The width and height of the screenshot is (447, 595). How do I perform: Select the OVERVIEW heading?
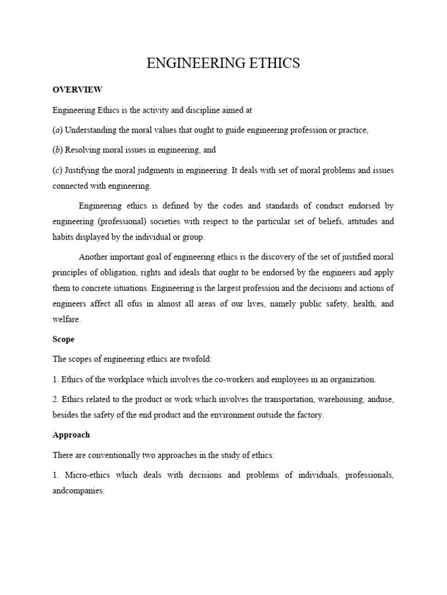(x=77, y=90)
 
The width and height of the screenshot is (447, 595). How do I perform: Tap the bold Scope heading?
(x=63, y=339)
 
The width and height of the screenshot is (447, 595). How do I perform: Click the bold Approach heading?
(x=71, y=435)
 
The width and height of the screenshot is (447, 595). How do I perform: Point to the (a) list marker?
(x=58, y=130)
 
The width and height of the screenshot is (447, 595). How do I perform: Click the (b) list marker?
(x=58, y=150)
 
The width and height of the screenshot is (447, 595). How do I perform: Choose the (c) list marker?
(x=58, y=170)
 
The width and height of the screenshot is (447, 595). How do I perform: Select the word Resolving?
(x=84, y=150)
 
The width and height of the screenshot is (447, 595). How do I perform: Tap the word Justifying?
(x=83, y=170)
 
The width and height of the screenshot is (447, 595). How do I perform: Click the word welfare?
(x=66, y=320)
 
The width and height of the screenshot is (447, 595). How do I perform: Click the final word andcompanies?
(x=79, y=490)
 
